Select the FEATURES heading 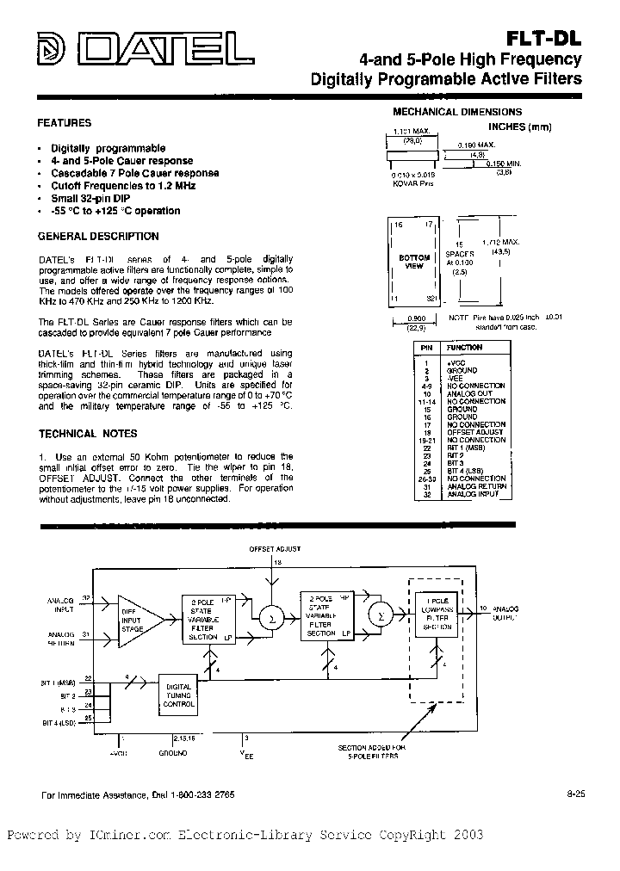65,123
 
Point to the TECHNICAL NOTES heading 88,434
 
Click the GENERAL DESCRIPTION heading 98,236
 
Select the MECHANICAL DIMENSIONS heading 457,112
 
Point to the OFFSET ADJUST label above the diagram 275,547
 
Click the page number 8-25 575,794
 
